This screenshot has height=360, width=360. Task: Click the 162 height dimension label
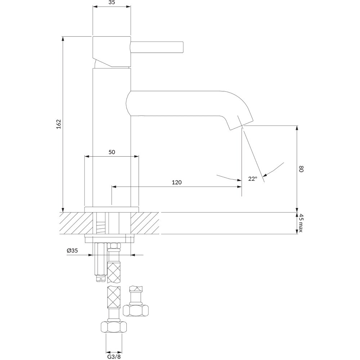(x=59, y=124)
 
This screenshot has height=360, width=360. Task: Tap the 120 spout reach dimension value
(x=176, y=182)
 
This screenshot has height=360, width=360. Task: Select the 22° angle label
(x=252, y=179)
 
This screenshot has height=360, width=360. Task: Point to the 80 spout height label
(x=301, y=169)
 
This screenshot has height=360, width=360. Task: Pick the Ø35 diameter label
(x=72, y=251)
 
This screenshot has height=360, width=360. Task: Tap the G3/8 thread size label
(x=114, y=356)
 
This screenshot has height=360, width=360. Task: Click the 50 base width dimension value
(x=112, y=152)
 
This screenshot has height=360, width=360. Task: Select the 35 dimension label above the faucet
(x=112, y=3)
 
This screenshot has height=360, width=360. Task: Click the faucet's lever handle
(x=157, y=47)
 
